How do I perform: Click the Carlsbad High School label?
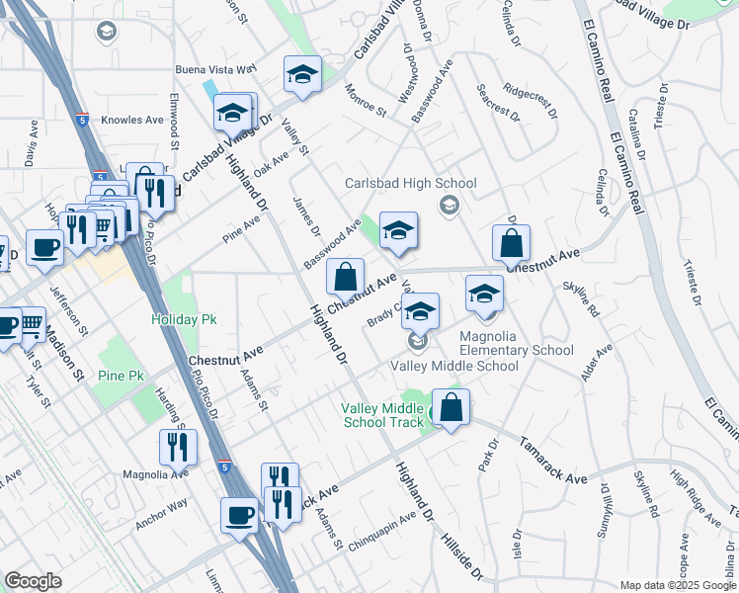(410, 183)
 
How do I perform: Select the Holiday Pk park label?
(183, 319)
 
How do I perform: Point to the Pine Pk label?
(122, 376)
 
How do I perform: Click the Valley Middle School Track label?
(384, 415)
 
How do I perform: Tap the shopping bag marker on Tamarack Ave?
(451, 408)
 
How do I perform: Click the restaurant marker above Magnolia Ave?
(178, 447)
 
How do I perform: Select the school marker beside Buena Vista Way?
(302, 75)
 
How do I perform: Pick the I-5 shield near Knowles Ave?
(80, 120)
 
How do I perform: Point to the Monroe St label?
(365, 101)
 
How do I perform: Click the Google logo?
(33, 581)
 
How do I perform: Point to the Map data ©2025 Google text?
(677, 585)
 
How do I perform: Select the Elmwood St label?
(174, 121)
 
